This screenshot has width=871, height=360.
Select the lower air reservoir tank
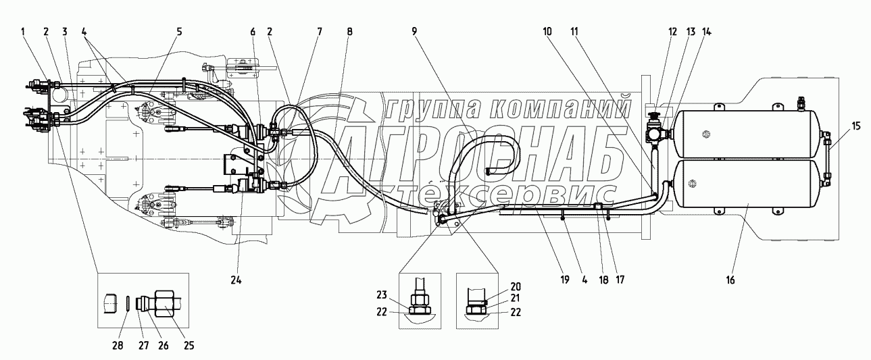pyautogui.click(x=751, y=184)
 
